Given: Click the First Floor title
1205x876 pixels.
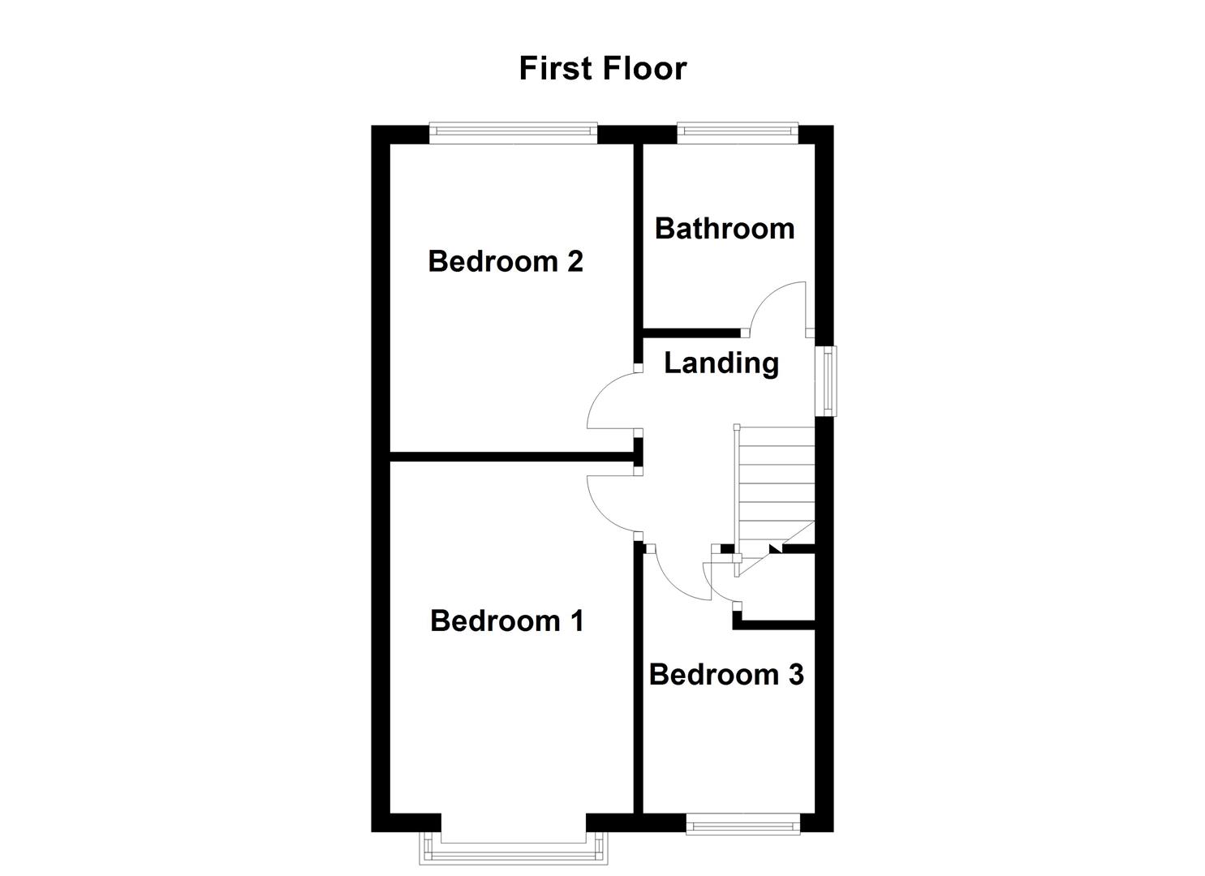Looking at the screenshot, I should click(x=602, y=68).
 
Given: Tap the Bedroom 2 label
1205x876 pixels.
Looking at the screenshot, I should click(x=505, y=261).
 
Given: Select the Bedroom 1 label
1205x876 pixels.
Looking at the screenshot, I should click(x=506, y=620).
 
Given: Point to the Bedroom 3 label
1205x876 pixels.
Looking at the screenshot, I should click(x=725, y=674).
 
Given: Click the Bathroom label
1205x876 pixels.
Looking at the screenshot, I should click(x=724, y=229).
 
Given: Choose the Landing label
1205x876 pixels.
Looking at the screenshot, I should click(x=721, y=363).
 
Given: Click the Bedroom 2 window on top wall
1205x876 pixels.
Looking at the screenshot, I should click(x=513, y=132).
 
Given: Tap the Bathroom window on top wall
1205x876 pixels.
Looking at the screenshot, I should click(x=737, y=132).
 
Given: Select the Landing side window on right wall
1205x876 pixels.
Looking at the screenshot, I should click(x=826, y=381).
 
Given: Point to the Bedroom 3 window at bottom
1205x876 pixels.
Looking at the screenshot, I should click(x=742, y=825).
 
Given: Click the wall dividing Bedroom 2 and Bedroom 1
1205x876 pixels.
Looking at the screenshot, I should click(x=511, y=457).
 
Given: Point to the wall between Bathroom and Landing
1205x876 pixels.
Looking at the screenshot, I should click(x=690, y=333).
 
